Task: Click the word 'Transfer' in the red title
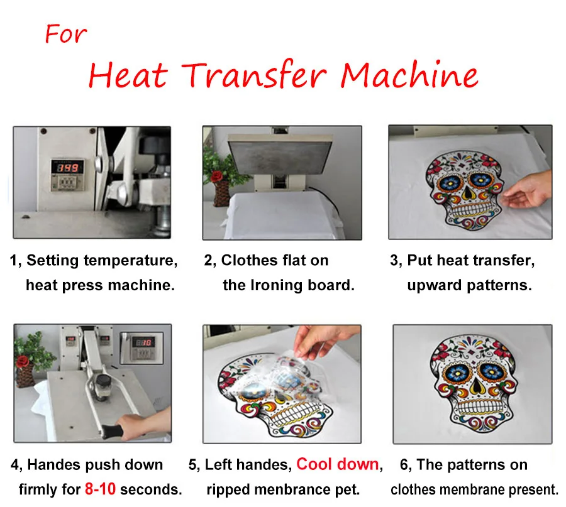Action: coord(254,75)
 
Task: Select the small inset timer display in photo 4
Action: coord(143,344)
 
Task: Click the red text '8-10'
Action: coord(99,489)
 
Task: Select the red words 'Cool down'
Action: coord(338,464)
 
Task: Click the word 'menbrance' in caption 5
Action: coord(284,489)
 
